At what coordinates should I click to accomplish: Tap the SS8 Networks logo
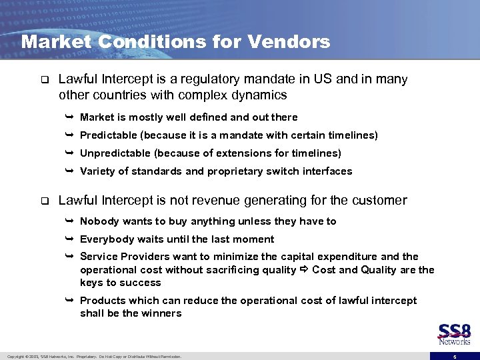454,334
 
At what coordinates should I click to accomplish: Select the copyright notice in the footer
93,357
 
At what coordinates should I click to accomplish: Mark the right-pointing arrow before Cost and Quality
304,270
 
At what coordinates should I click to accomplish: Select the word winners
163,313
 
